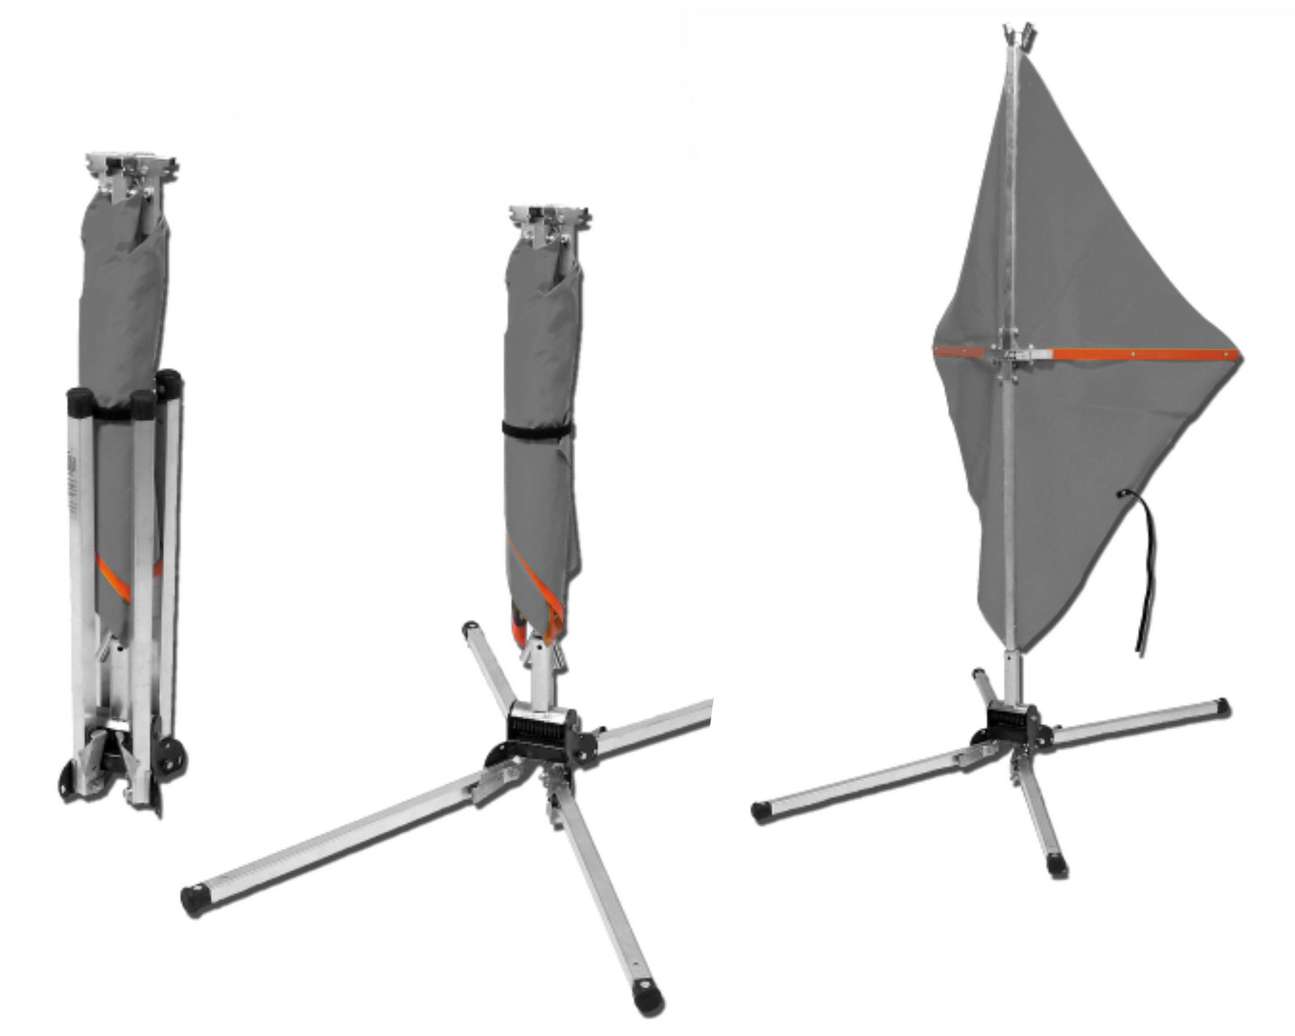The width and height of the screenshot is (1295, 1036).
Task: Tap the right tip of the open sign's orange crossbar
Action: pyautogui.click(x=1236, y=354)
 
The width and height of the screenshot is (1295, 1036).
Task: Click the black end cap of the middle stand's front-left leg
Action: pyautogui.click(x=193, y=899)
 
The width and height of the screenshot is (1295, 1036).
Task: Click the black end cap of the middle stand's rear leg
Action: pyautogui.click(x=470, y=629)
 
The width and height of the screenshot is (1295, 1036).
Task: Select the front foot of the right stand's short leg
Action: pyautogui.click(x=1057, y=865)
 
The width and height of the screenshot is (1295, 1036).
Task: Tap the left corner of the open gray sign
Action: pyautogui.click(x=936, y=350)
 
